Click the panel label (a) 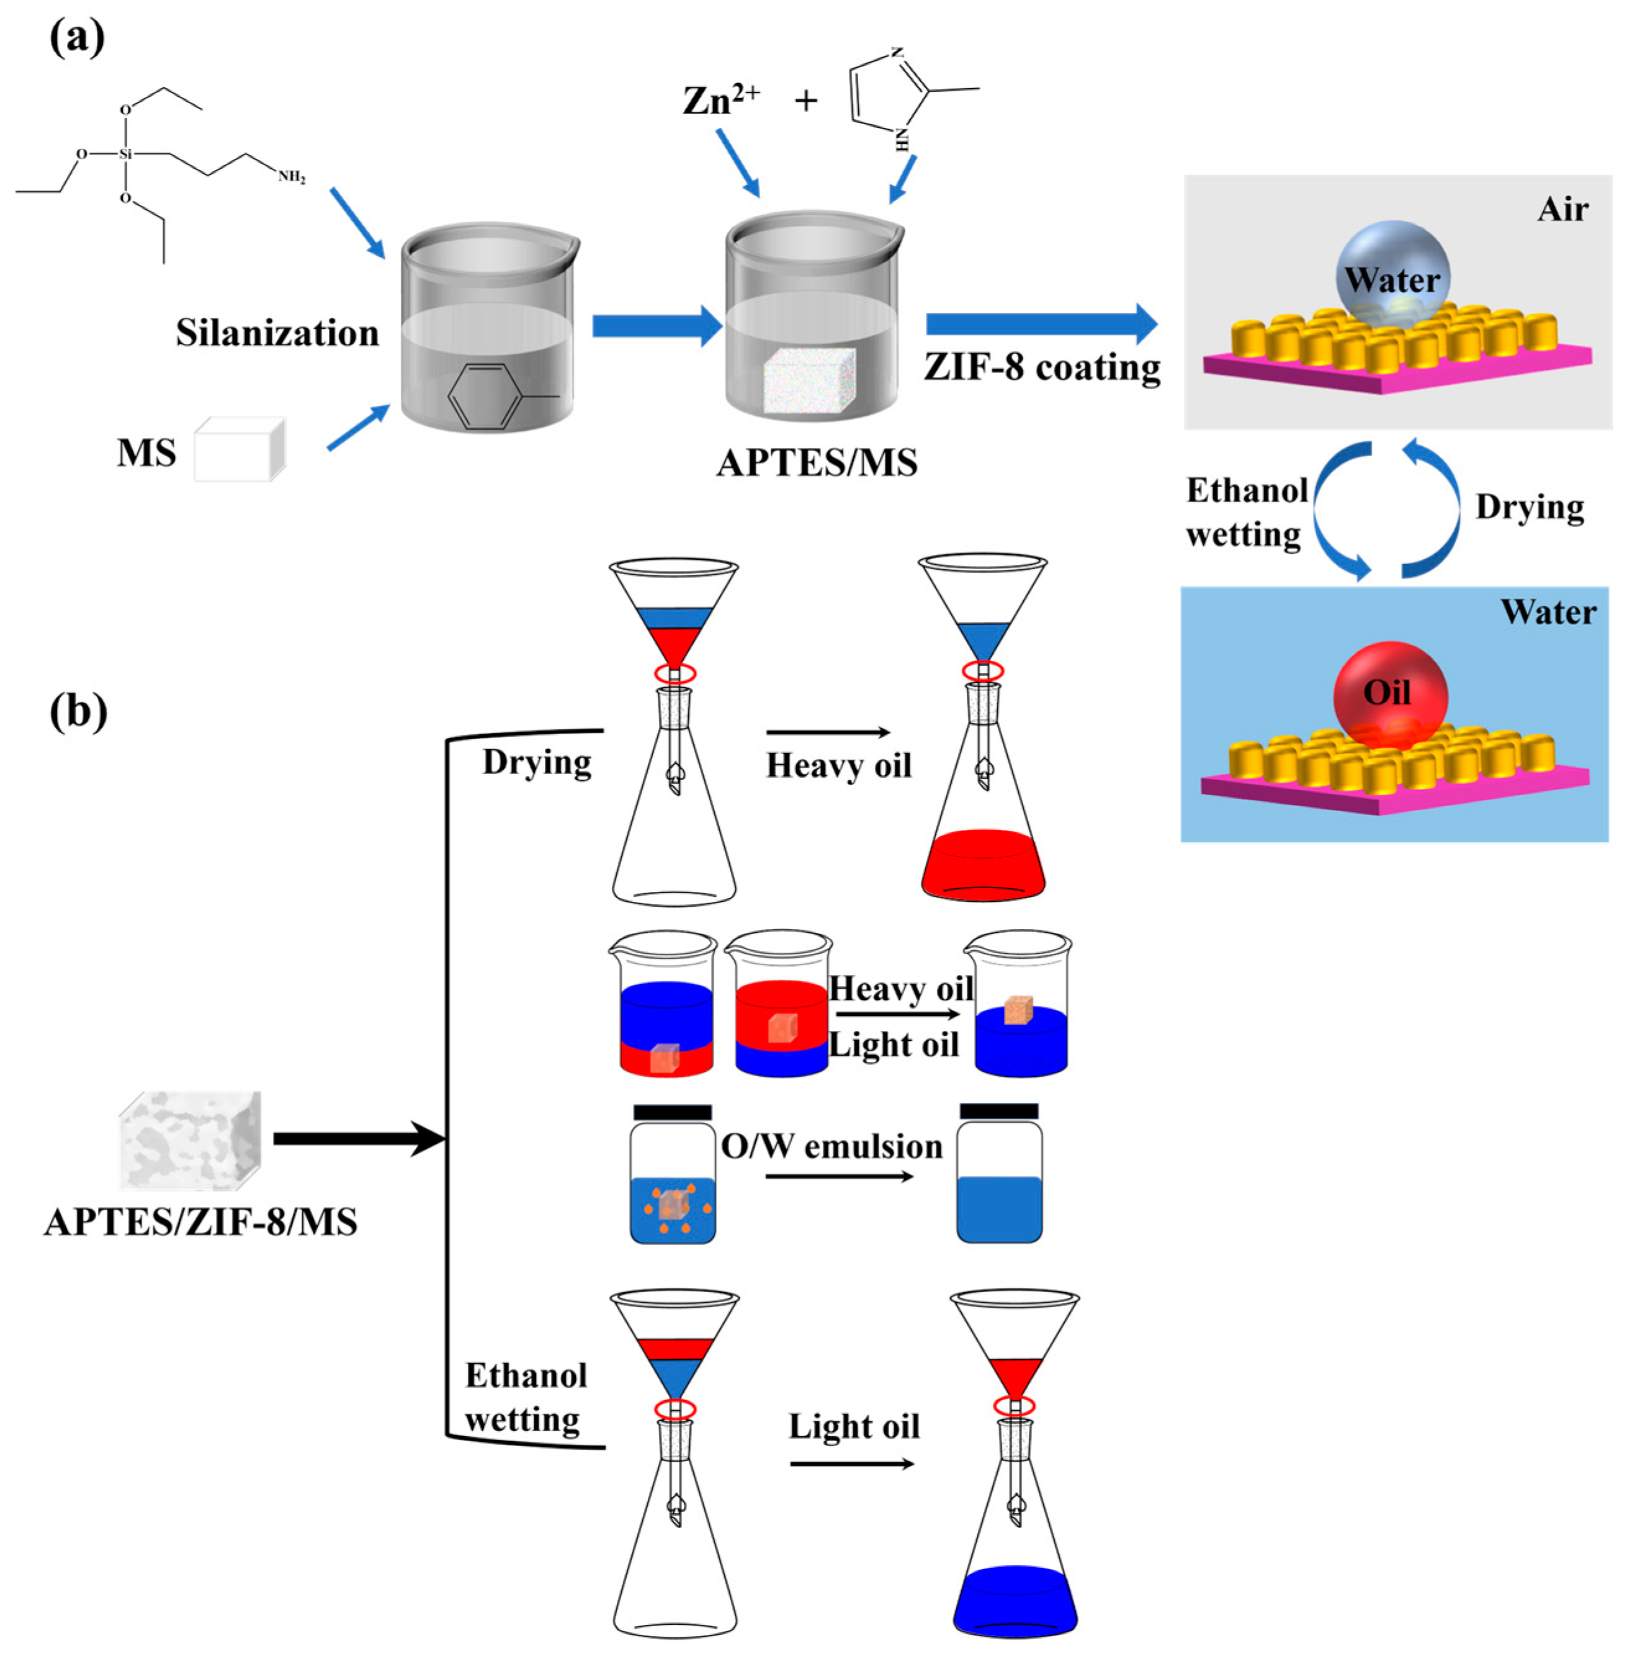[77, 38]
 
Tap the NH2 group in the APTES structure [292, 178]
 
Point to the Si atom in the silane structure [125, 155]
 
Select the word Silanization [277, 333]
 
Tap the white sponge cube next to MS [240, 449]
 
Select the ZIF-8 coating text [1042, 367]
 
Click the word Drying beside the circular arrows [1530, 507]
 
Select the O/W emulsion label [831, 1146]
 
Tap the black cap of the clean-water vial [999, 1111]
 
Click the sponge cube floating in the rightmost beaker [1019, 1009]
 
